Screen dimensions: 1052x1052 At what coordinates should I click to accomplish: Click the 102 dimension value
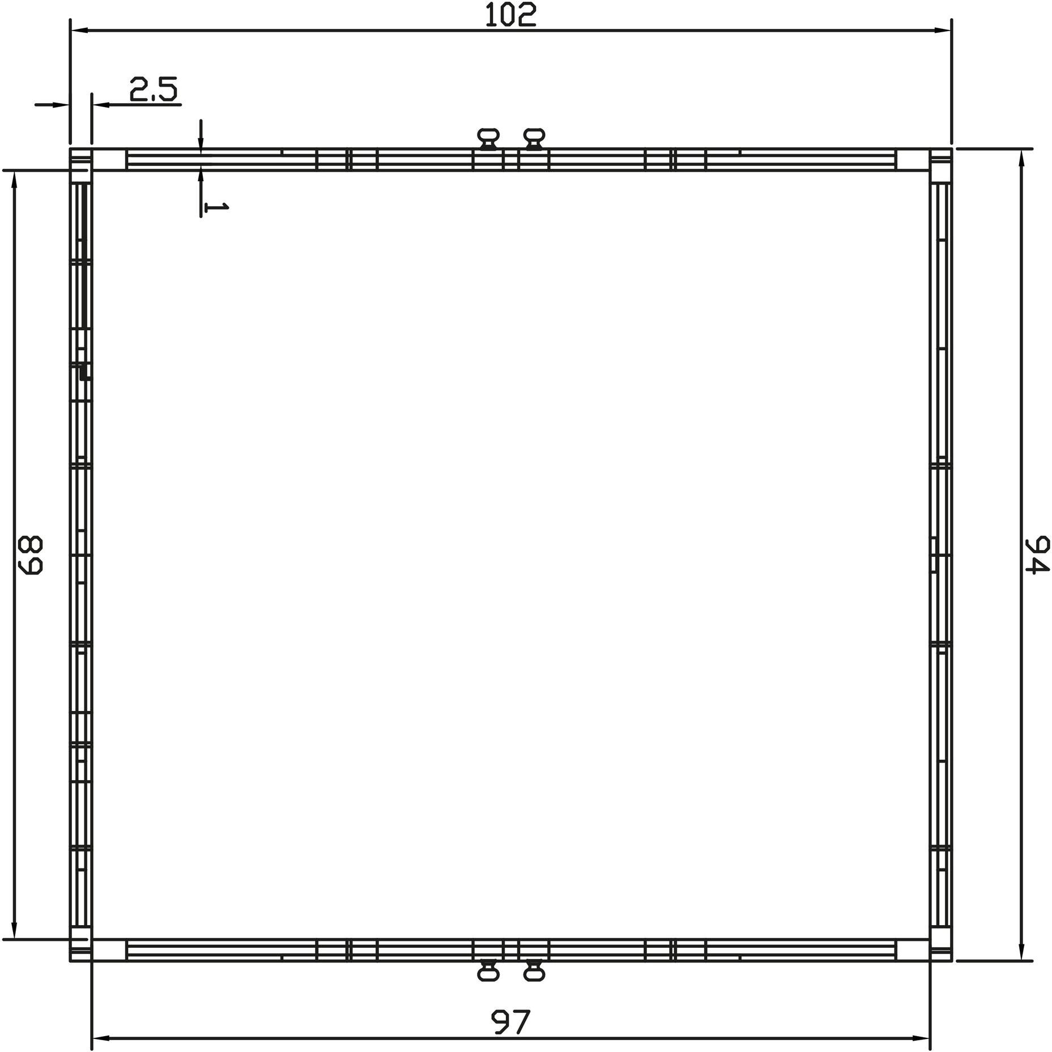[x=510, y=15]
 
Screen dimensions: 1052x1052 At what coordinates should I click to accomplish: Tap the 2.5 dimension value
[x=154, y=89]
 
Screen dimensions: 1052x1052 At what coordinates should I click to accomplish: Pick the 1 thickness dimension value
[x=216, y=208]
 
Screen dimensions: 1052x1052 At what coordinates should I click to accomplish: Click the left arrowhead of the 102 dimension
[x=79, y=30]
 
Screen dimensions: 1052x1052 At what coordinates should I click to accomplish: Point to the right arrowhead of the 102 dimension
[x=942, y=30]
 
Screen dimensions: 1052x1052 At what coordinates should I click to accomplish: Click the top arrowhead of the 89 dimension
[x=14, y=180]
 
